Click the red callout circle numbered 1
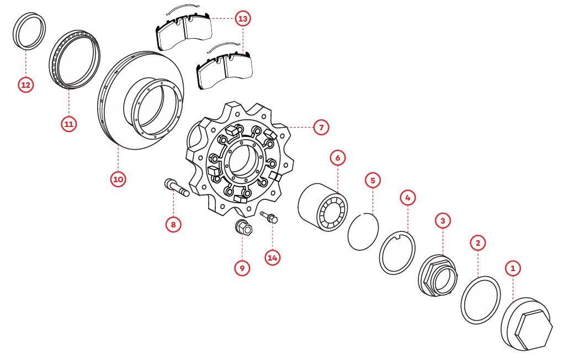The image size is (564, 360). pos(513,268)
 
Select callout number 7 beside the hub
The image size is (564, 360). pos(321,127)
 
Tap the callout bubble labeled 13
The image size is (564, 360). pos(243,18)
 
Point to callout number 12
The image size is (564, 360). pos(25,85)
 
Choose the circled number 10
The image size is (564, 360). pos(118,179)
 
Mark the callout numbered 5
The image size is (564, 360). pos(373,181)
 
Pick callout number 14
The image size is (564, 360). pos(272,258)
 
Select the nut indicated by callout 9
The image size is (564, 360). pos(244,226)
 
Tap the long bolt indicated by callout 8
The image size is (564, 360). pos(177,188)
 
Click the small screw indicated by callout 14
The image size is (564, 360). pos(269,217)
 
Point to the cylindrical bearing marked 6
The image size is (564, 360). pos(323,207)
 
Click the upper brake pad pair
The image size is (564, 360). pos(184,31)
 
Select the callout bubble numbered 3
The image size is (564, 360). pos(443,221)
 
